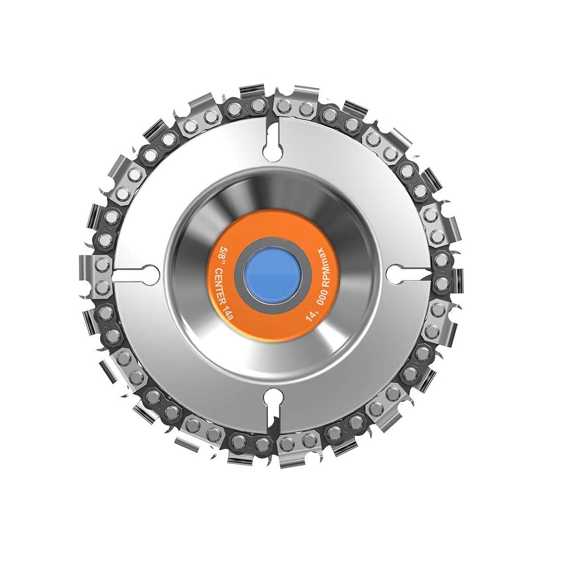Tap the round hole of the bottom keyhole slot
pos(271,397)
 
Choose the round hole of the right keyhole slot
pos(396,273)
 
